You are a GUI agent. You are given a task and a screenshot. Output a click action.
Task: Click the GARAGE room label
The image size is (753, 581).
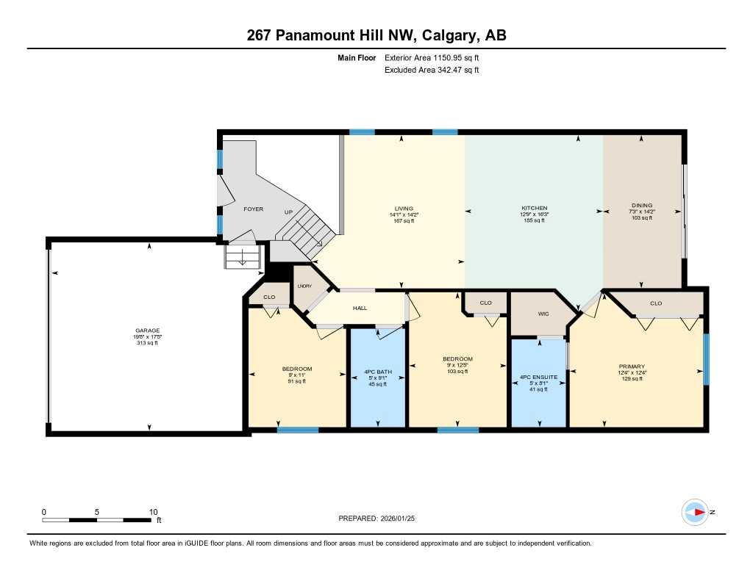(146, 331)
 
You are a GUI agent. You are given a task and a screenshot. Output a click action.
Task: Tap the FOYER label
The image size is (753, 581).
(253, 209)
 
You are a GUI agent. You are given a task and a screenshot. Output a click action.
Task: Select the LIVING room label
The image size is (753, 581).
(402, 208)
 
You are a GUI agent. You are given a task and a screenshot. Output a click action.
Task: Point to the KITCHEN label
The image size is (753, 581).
(535, 208)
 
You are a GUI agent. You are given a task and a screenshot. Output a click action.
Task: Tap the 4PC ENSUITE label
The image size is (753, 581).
(539, 377)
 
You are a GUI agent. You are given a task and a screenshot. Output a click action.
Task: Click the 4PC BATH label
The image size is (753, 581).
(377, 377)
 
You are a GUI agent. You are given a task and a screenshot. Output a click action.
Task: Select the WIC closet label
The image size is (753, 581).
(543, 314)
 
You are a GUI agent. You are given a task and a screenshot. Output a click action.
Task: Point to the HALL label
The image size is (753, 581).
(360, 308)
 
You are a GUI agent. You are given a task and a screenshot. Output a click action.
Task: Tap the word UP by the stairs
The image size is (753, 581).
(288, 211)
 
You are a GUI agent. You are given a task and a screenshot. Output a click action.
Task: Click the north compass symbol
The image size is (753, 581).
(695, 512)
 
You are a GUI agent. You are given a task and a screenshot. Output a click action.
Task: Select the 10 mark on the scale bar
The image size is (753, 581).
(154, 512)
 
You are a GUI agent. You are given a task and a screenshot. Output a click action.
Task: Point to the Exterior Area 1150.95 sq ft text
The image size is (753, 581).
(435, 57)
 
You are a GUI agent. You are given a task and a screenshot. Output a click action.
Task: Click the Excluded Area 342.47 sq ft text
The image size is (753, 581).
(432, 70)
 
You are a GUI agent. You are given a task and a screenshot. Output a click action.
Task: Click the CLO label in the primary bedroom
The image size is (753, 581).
(656, 303)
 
